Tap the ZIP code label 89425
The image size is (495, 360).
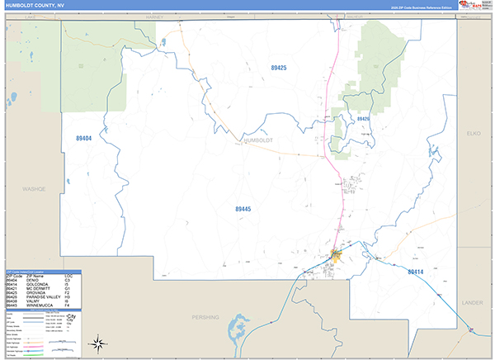(x=278, y=67)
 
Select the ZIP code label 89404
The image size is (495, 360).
(x=83, y=138)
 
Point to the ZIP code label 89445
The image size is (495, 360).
(x=243, y=209)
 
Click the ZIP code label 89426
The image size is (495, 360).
(x=363, y=120)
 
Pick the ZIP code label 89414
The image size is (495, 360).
(x=416, y=271)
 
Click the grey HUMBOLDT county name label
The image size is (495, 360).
(x=258, y=140)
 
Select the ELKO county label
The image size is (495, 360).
(x=474, y=132)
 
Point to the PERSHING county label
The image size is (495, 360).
(x=206, y=316)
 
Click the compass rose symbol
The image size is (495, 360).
(x=97, y=343)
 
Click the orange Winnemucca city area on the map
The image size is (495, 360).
(x=336, y=256)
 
